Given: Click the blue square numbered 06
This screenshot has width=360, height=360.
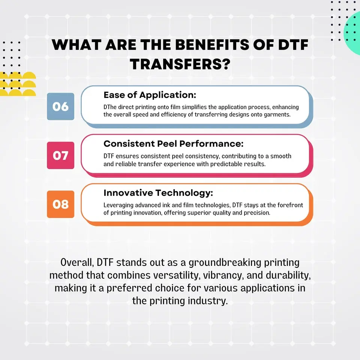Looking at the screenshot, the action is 61,106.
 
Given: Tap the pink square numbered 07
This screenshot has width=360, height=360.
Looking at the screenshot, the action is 61,155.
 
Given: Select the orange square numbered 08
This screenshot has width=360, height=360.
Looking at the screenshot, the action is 61,204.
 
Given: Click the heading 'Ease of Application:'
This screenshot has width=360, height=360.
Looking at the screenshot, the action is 150,95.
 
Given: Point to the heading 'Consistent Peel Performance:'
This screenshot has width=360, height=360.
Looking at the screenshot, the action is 174,144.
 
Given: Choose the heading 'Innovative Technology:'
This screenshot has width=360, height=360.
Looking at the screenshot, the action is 158,193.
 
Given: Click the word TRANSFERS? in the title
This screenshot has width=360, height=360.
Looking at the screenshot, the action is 180,64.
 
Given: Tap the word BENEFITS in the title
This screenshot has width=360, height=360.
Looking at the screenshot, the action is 212,45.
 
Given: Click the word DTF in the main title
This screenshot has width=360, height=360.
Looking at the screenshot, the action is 293,45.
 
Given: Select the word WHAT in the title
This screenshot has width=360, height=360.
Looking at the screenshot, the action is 76,45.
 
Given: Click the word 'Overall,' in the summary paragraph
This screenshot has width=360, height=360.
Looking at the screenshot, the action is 77,262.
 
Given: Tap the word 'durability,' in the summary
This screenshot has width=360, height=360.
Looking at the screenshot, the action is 288,276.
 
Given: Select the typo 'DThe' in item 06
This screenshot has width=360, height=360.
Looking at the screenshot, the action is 110,107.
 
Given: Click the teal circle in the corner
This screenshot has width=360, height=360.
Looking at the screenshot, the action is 352,33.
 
